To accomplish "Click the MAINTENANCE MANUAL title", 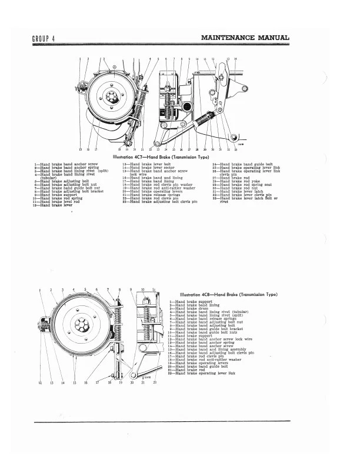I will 245,38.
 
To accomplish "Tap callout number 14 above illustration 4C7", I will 236,59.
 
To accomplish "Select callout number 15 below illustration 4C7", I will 81,151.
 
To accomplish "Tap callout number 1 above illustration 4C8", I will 40,290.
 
